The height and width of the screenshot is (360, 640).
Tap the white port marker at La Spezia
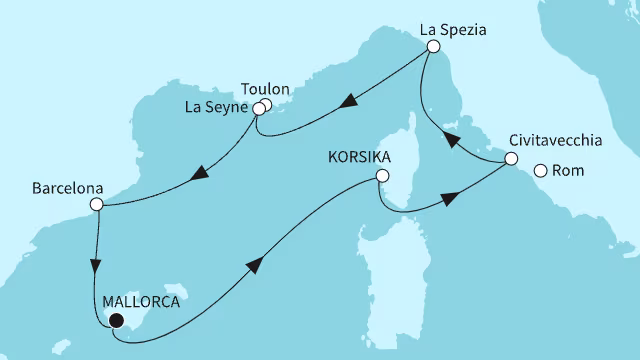(432, 46)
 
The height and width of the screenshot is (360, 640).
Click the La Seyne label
(218, 107)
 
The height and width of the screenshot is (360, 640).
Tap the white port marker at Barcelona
(96, 205)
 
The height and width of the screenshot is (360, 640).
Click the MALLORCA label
(142, 298)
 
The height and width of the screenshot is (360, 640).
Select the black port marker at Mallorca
(117, 321)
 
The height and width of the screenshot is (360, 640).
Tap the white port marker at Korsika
(381, 176)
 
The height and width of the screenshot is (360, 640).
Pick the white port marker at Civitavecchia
(510, 159)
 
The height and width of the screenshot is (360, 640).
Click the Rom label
(568, 171)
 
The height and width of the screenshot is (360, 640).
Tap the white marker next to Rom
(541, 171)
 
